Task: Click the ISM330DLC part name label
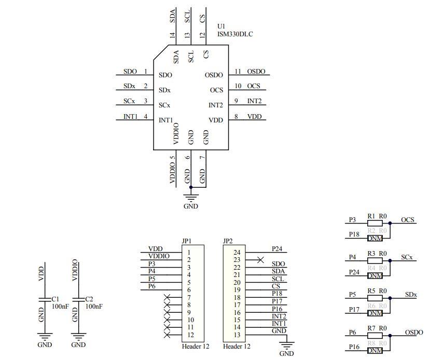235,34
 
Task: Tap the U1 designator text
222,26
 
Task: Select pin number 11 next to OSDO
238,72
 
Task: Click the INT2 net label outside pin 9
254,101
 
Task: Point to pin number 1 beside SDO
146,72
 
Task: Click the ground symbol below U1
191,197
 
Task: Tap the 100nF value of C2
94,307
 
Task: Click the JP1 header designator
187,241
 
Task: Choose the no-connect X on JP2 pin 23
260,259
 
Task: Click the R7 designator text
371,329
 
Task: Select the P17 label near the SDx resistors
354,310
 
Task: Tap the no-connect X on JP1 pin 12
167,335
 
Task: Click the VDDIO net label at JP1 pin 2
158,256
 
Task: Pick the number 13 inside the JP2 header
237,335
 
